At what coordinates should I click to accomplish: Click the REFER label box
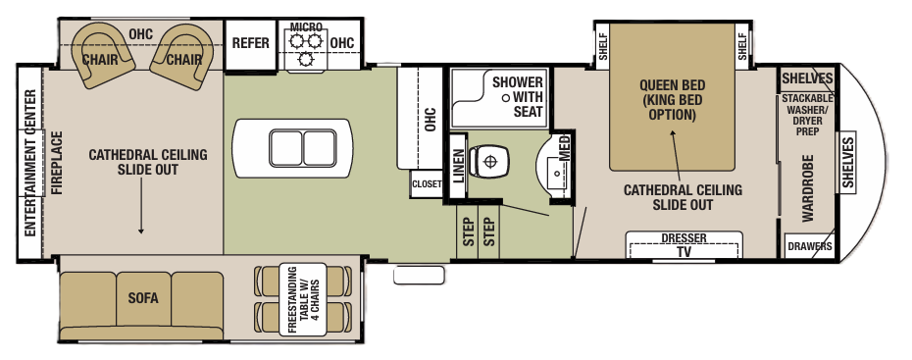(x=250, y=43)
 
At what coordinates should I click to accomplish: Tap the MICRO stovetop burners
(x=303, y=49)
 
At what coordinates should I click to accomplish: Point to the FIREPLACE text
(x=56, y=162)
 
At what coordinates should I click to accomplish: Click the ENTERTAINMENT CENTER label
(x=29, y=163)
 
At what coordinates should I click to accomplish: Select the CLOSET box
(x=427, y=183)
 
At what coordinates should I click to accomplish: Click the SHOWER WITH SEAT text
(x=517, y=96)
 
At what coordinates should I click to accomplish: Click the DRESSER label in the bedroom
(x=684, y=237)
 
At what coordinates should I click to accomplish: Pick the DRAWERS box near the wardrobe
(x=810, y=246)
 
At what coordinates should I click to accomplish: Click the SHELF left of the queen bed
(x=602, y=45)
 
